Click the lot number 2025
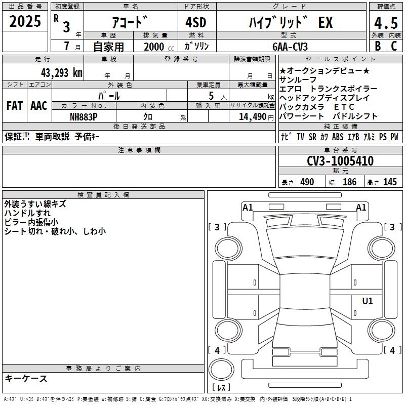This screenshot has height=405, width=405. point(25,21)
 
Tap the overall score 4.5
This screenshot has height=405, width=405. point(386,23)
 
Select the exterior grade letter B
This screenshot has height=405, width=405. point(378,46)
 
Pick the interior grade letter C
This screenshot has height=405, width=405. point(394,46)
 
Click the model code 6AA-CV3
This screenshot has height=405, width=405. point(290,47)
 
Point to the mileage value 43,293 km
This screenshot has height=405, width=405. point(62,73)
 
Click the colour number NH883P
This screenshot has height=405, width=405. point(84,117)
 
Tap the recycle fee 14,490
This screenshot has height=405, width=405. point(253,117)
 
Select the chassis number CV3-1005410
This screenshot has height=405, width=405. point(340,161)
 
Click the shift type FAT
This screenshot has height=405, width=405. point(15,106)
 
